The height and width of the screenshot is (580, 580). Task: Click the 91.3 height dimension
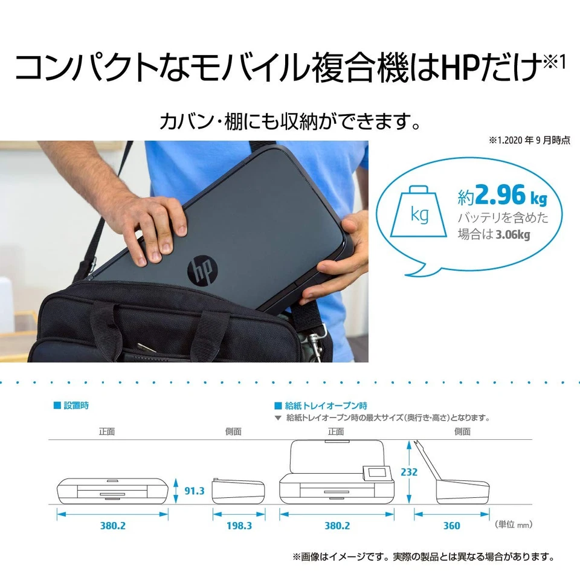[194, 491]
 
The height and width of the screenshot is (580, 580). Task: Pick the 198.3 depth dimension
[239, 526]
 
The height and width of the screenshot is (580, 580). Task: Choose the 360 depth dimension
[451, 526]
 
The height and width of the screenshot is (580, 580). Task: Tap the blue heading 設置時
[76, 405]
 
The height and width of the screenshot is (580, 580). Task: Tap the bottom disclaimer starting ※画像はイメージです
[424, 556]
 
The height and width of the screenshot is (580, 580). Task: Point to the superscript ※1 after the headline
[554, 63]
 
